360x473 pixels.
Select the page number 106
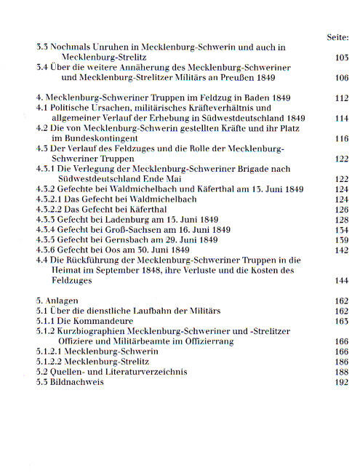(x=339, y=77)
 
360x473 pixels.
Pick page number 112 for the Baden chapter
(x=339, y=98)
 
